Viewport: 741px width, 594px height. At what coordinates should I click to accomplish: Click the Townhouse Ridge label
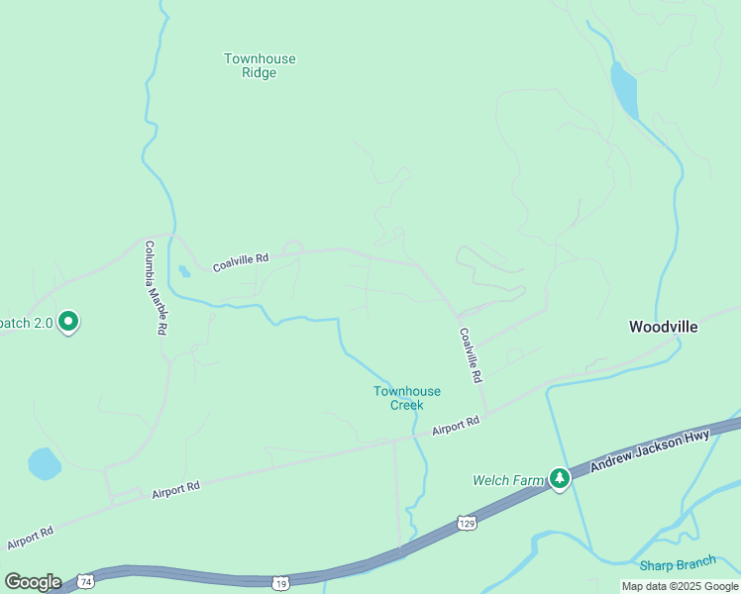click(260, 65)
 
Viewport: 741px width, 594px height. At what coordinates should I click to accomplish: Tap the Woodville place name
click(664, 327)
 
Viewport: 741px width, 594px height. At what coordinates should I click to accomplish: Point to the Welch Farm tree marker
click(560, 479)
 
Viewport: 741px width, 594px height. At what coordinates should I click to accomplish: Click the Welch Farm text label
click(509, 481)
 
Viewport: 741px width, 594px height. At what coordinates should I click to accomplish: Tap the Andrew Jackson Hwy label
click(650, 448)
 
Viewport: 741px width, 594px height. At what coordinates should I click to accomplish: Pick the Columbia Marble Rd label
click(156, 287)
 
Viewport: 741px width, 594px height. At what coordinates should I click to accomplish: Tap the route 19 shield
click(282, 580)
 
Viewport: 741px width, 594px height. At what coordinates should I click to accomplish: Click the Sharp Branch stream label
click(678, 564)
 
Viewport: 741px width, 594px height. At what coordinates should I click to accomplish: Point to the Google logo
click(33, 581)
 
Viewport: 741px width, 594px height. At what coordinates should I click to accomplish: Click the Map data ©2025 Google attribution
click(680, 586)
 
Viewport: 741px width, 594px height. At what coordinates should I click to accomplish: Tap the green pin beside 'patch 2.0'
click(68, 322)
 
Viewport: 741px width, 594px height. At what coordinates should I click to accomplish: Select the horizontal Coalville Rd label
click(241, 258)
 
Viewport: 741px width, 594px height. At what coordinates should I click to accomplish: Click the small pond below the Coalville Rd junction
click(184, 270)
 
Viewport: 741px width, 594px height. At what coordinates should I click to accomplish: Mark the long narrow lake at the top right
click(623, 90)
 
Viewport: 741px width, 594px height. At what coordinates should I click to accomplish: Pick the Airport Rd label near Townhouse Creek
click(456, 427)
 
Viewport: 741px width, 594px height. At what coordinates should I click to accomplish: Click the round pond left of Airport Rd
click(45, 463)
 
